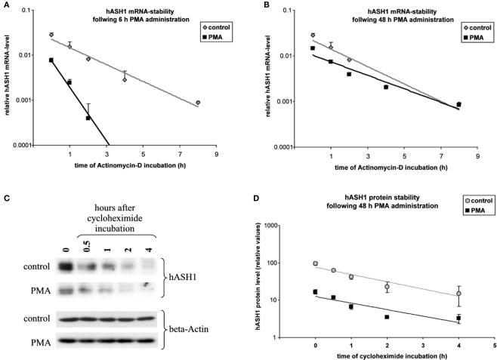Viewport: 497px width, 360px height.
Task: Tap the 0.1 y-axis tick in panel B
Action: pyautogui.click(x=300, y=11)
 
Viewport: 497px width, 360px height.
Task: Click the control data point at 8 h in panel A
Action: pyautogui.click(x=198, y=103)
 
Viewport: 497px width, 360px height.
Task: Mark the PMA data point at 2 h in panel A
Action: pyautogui.click(x=88, y=118)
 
